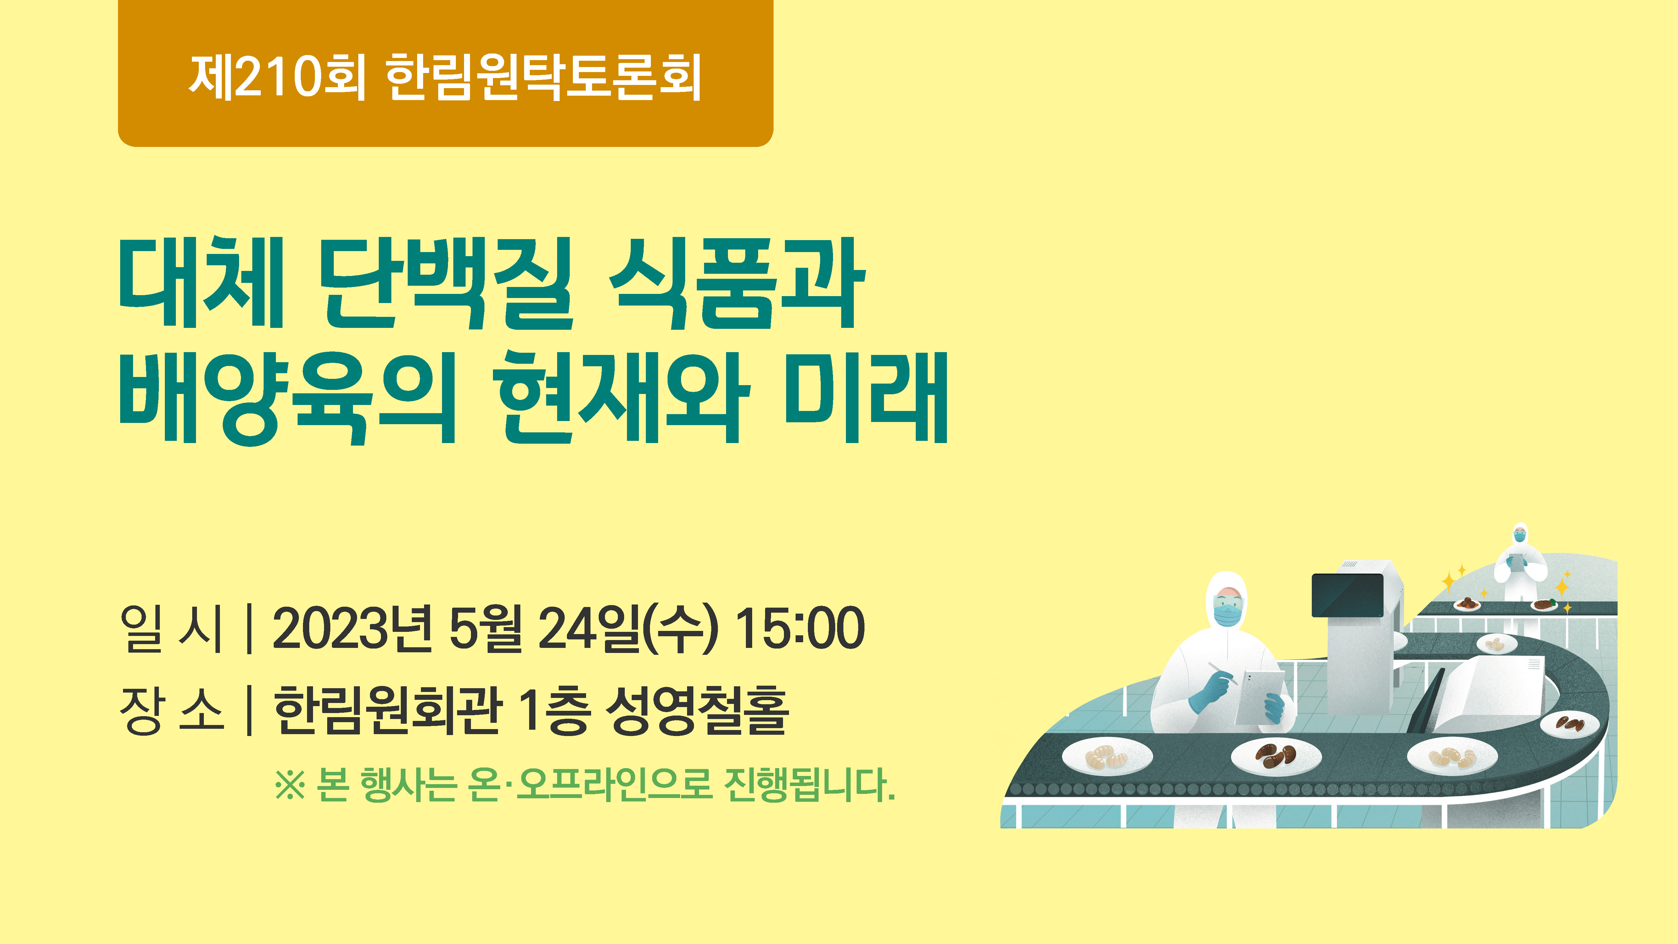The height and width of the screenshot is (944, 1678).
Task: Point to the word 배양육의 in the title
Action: [287, 397]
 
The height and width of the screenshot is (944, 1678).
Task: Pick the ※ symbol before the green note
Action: [290, 785]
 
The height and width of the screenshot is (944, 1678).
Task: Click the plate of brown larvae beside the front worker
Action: [1275, 756]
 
